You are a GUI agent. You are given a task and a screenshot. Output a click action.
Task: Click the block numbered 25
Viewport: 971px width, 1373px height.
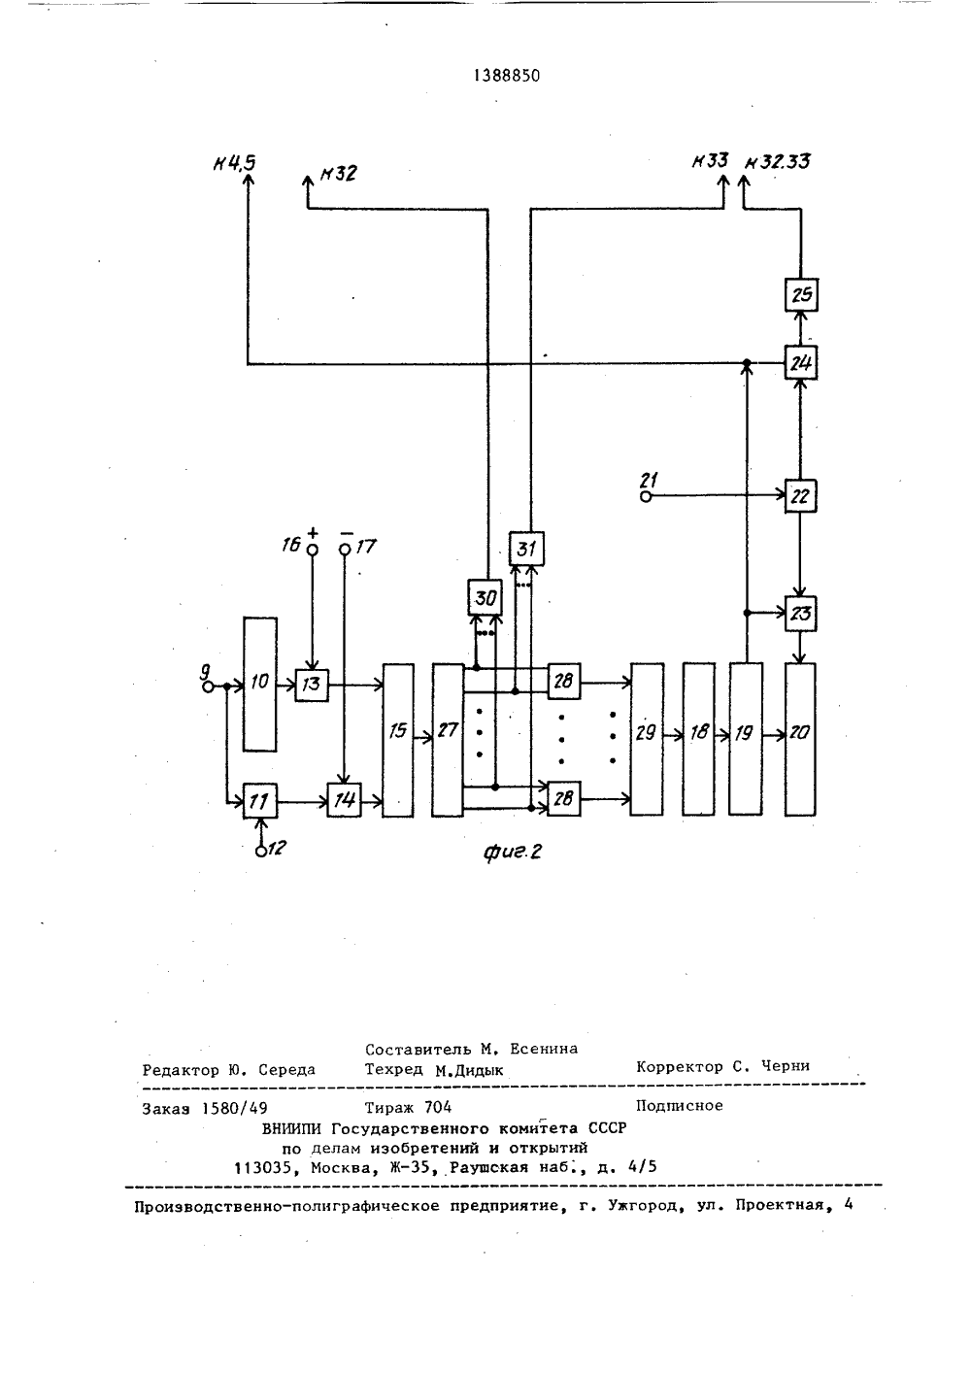[x=801, y=295]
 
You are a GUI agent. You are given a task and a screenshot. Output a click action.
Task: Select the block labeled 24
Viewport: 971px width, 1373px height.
[x=800, y=363]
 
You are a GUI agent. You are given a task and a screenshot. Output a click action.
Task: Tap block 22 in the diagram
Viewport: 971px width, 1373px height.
[x=800, y=496]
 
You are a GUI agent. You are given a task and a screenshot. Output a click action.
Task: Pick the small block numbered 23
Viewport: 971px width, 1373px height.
[x=800, y=614]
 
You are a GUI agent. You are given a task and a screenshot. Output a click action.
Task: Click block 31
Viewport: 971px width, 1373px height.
[x=526, y=549]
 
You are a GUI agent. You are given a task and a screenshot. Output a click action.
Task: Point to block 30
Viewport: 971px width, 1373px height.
[x=485, y=597]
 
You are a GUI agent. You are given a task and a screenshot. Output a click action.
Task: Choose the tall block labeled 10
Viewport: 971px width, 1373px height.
[x=260, y=684]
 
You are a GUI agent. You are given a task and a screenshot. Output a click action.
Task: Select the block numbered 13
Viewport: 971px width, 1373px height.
[x=312, y=686]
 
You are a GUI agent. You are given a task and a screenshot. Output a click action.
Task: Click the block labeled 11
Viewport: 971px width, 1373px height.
[x=260, y=800]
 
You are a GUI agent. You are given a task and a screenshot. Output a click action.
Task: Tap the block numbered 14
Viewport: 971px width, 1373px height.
[x=344, y=800]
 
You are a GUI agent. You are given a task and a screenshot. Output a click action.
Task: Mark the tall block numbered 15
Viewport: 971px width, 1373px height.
[x=398, y=740]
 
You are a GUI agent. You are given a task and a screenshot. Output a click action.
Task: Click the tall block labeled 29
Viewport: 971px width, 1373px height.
[x=647, y=739]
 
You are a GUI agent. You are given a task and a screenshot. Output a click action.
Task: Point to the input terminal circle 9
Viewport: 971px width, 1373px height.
[x=208, y=686]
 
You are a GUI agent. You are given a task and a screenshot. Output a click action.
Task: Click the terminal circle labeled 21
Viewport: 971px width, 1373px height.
[x=645, y=497]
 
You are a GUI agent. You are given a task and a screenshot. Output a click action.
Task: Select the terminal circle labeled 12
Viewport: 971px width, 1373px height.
[x=260, y=852]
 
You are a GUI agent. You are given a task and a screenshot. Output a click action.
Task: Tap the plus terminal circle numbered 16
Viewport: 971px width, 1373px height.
[x=312, y=550]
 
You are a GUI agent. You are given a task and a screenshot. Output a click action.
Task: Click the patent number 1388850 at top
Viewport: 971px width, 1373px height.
[x=507, y=76]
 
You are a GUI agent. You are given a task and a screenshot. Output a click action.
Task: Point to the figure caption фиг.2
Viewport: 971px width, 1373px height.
[x=513, y=852]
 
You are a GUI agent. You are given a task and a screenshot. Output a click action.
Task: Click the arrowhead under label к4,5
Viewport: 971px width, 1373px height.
[x=248, y=179]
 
